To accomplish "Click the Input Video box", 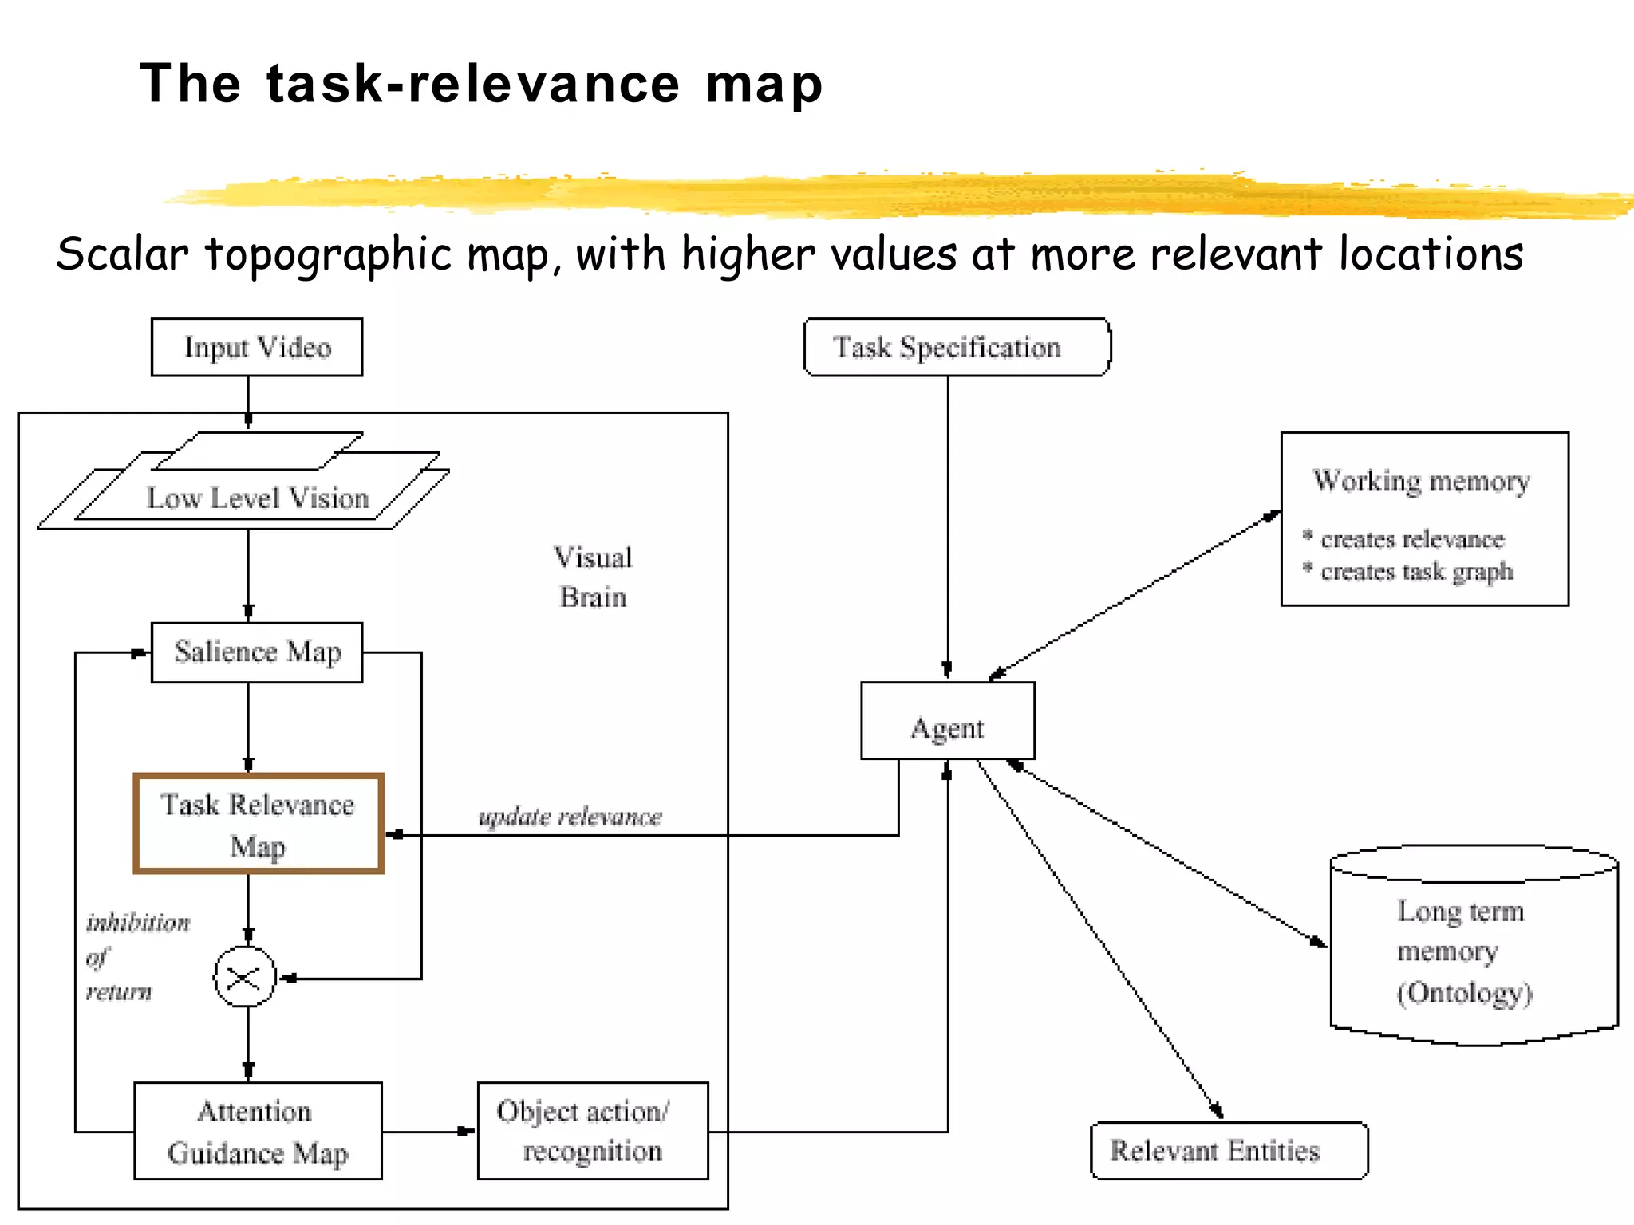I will click(256, 348).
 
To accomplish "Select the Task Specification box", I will click(957, 348).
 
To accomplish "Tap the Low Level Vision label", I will click(258, 498).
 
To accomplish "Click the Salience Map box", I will click(256, 652).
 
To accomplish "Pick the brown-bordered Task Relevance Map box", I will click(258, 824).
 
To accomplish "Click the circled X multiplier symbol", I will click(245, 977).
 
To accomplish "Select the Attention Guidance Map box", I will click(258, 1131).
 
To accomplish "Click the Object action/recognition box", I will click(592, 1131).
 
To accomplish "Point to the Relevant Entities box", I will click(1228, 1151).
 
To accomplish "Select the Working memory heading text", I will click(1421, 481).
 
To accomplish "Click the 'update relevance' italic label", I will click(570, 817).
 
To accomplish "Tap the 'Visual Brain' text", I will click(593, 577).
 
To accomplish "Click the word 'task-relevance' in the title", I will click(472, 85).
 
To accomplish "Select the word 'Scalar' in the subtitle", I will click(122, 254).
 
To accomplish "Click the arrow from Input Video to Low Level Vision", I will click(248, 402).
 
